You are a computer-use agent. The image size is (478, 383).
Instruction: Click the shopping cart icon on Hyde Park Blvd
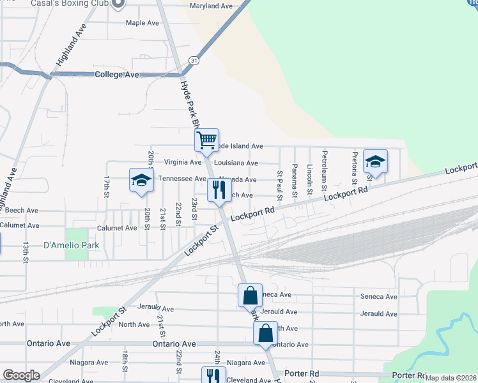click(206, 139)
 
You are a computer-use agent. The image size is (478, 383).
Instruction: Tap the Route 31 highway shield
click(194, 61)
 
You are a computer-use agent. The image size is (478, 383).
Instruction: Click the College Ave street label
click(116, 75)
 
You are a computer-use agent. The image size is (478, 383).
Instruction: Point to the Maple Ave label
click(142, 23)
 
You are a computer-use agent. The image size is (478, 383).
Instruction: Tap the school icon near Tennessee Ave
click(141, 179)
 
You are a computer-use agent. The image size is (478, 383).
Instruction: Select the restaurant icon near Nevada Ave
click(219, 190)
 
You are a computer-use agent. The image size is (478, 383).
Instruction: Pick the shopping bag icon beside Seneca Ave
click(250, 295)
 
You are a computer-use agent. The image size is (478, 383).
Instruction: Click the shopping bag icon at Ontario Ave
click(265, 333)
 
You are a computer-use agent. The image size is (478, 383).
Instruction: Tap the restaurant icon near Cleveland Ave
click(213, 375)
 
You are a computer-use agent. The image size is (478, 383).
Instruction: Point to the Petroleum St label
click(325, 171)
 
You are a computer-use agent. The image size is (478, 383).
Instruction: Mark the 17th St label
click(107, 186)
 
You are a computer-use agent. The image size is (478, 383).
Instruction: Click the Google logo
click(20, 375)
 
